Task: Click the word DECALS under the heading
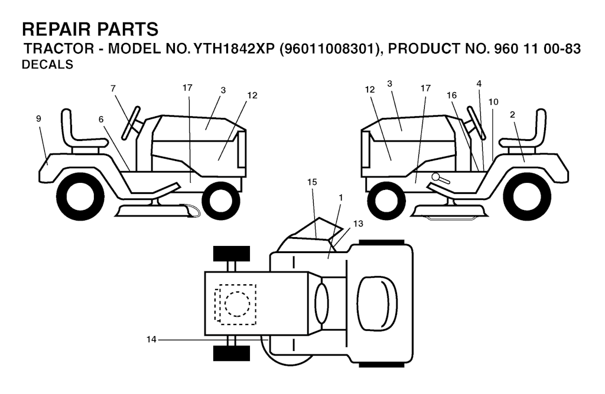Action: click(47, 64)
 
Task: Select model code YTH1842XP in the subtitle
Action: click(227, 49)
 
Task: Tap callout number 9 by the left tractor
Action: click(38, 119)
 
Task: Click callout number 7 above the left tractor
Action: click(113, 88)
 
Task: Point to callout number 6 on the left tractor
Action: click(101, 119)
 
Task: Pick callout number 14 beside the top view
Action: click(151, 340)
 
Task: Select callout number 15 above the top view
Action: click(312, 182)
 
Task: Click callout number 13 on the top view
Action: click(358, 224)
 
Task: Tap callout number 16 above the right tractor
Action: click(451, 95)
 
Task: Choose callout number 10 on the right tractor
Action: click(493, 102)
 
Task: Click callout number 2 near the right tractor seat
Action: click(512, 115)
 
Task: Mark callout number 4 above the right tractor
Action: click(479, 84)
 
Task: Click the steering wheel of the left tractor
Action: click(131, 123)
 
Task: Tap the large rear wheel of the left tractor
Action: click(80, 197)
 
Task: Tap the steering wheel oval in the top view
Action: click(322, 304)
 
